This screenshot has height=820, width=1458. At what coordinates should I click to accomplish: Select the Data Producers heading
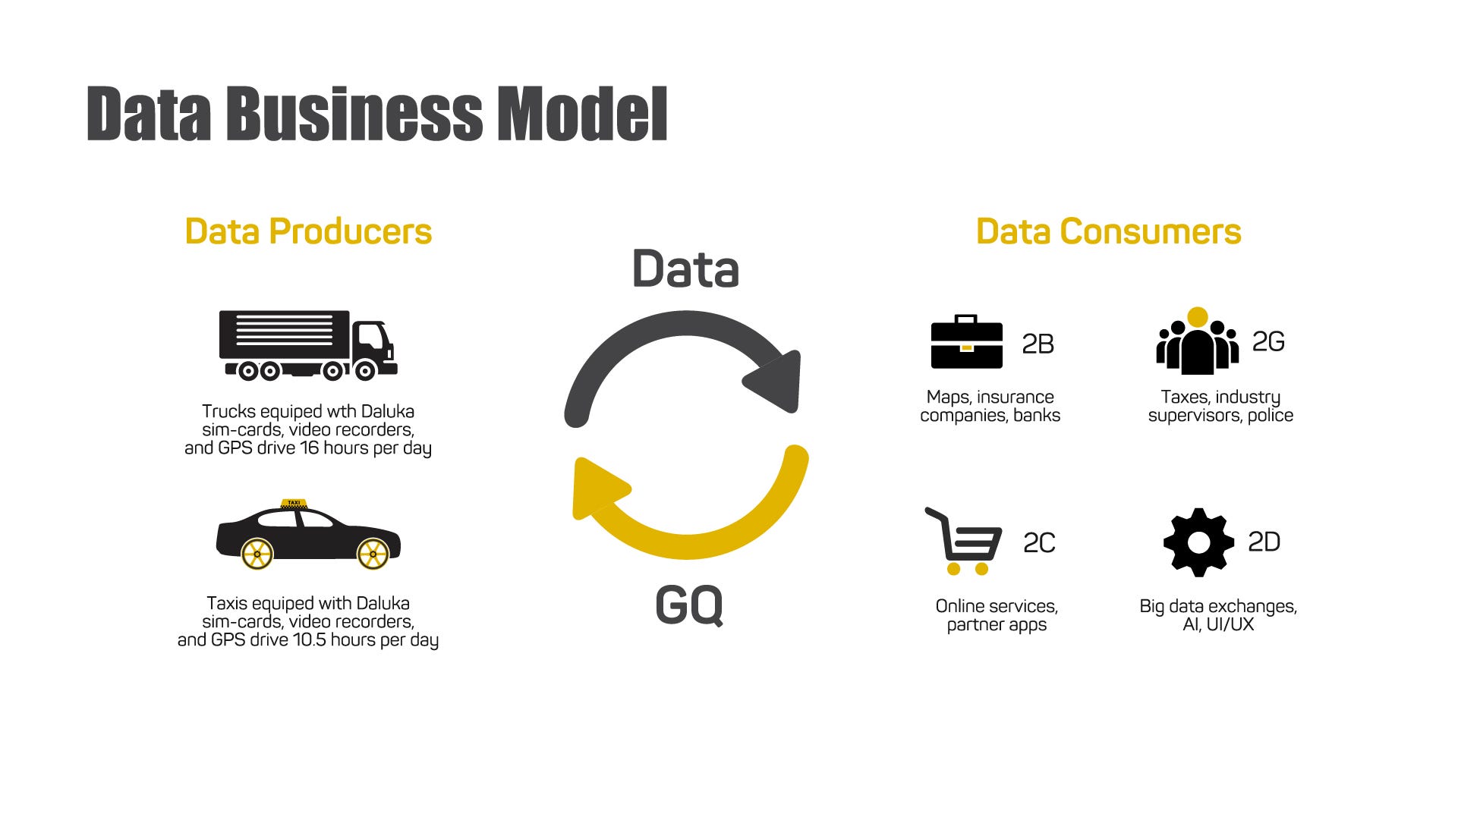pyautogui.click(x=308, y=231)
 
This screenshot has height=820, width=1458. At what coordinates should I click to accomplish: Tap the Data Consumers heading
pyautogui.click(x=1108, y=231)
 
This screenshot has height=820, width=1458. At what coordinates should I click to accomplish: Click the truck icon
pyautogui.click(x=307, y=344)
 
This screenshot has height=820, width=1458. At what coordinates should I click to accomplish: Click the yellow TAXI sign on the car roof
pyautogui.click(x=294, y=503)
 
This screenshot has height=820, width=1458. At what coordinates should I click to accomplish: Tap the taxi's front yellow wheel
pyautogui.click(x=373, y=554)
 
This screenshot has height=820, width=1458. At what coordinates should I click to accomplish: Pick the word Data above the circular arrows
pyautogui.click(x=685, y=269)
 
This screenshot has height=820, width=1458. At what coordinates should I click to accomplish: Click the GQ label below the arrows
pyautogui.click(x=689, y=605)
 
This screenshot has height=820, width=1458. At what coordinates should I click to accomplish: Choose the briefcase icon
pyautogui.click(x=966, y=343)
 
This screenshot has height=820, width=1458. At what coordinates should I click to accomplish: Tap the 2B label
pyautogui.click(x=1038, y=344)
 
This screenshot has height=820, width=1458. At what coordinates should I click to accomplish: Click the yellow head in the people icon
pyautogui.click(x=1198, y=317)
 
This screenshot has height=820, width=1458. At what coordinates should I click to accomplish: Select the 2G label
pyautogui.click(x=1268, y=342)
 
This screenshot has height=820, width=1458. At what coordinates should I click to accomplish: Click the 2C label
pyautogui.click(x=1039, y=543)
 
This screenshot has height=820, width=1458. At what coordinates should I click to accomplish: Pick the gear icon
pyautogui.click(x=1198, y=542)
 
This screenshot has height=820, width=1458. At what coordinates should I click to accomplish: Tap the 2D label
pyautogui.click(x=1264, y=542)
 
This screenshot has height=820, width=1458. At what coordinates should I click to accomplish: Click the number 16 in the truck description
pyautogui.click(x=310, y=448)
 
